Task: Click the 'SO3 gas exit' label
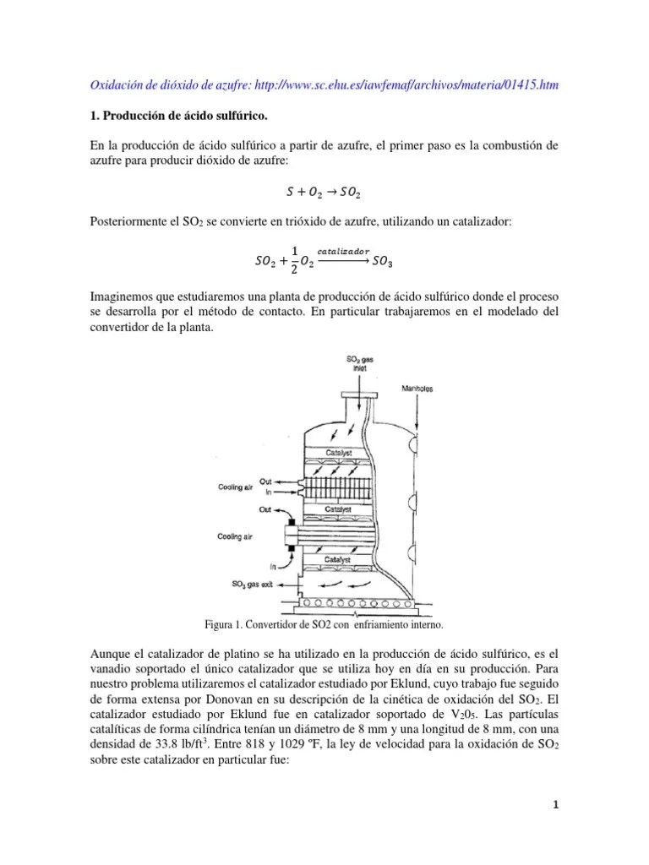[257, 584]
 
